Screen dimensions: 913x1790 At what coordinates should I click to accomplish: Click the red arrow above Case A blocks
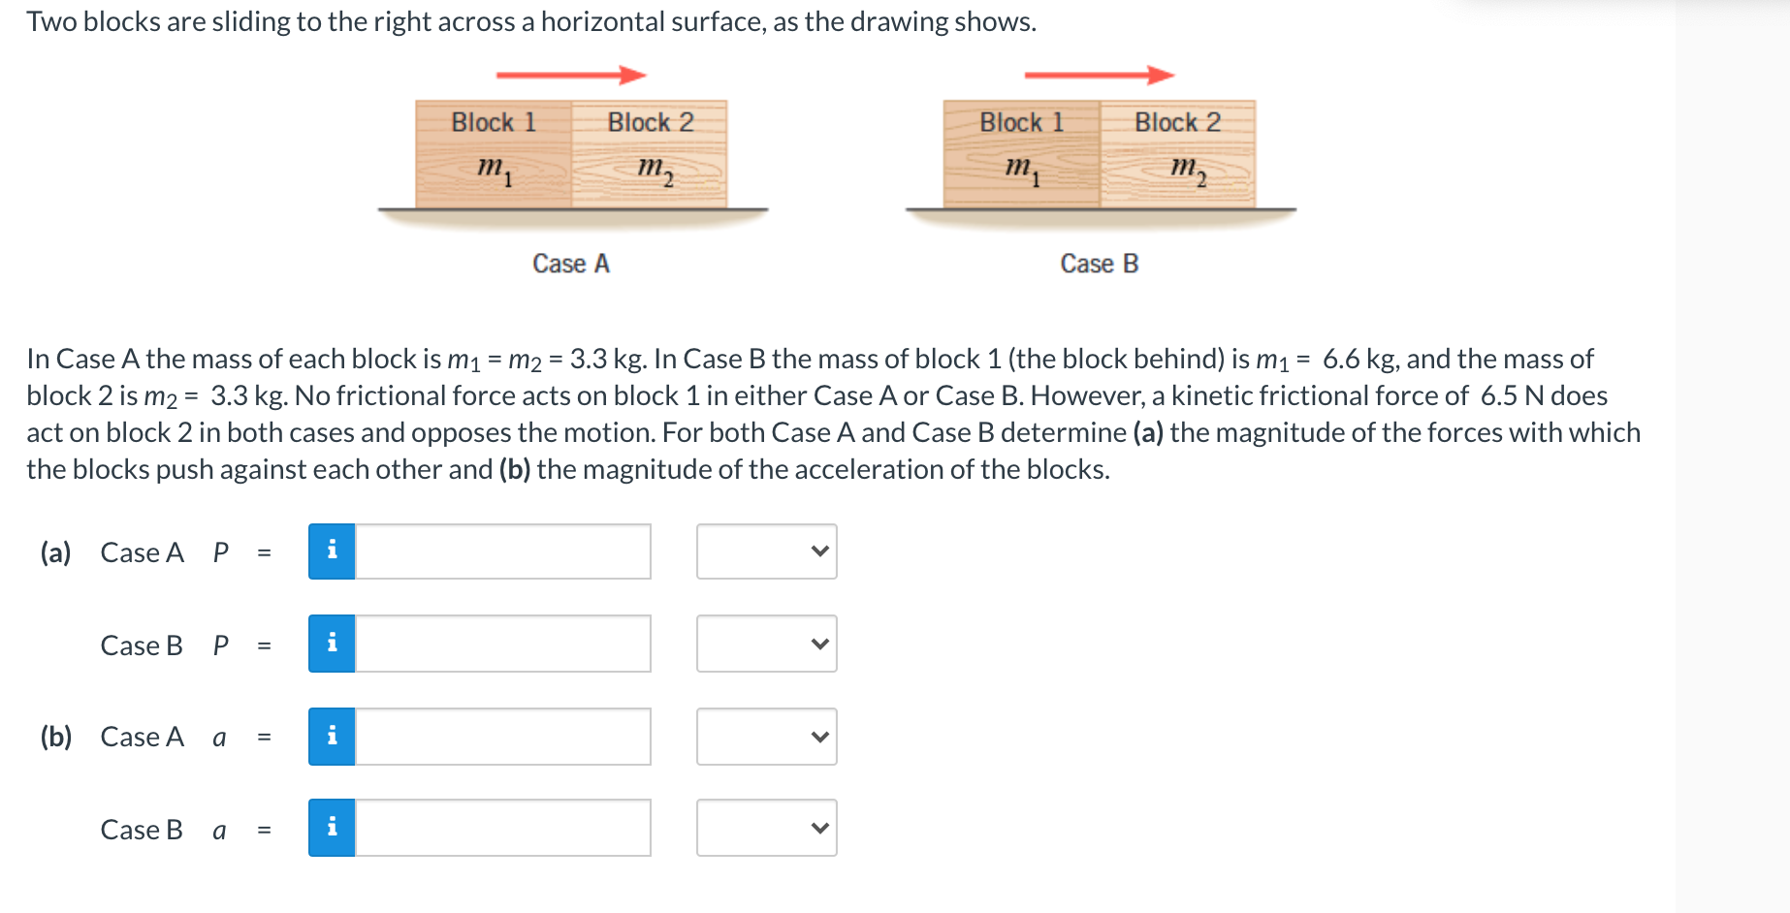pos(570,75)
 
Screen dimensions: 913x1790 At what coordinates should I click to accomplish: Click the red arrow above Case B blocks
pos(1099,75)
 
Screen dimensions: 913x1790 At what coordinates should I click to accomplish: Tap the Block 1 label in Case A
pos(494,122)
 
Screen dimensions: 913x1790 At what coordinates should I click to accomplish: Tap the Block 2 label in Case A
pos(651,122)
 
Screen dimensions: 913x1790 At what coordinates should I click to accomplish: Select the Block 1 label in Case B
pos(1021,122)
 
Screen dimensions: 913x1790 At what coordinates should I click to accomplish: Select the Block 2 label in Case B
pos(1177,122)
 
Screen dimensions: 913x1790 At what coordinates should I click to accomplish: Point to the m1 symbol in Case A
pos(494,170)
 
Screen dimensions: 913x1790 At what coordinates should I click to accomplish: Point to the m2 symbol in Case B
pos(1188,170)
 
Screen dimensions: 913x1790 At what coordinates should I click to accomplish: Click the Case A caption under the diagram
pos(571,264)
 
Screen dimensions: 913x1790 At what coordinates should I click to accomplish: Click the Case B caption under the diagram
pos(1099,264)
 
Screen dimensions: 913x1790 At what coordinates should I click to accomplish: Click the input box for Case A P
pos(502,551)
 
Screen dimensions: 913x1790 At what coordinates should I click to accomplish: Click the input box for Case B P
pos(502,644)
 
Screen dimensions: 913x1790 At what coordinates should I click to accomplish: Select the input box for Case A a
pos(502,737)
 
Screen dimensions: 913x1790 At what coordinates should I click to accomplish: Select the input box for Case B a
pos(502,828)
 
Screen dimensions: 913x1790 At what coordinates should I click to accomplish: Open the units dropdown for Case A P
pos(766,551)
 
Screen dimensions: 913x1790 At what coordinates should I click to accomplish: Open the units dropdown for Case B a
pos(766,828)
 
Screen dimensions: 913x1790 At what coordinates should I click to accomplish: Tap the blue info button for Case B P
pos(332,644)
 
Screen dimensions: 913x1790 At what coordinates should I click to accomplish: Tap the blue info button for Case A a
pos(332,737)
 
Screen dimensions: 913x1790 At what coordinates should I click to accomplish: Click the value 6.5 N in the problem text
pos(1512,395)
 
